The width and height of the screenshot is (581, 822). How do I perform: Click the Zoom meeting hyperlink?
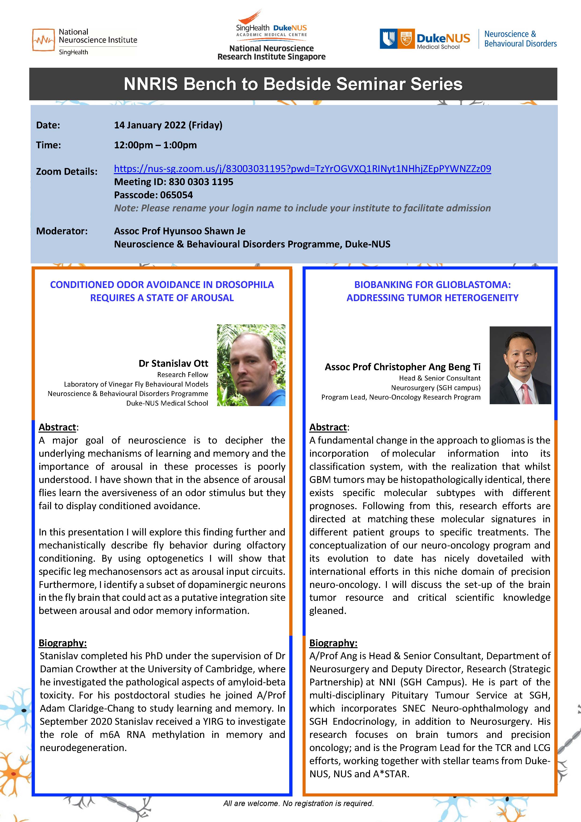pos(302,169)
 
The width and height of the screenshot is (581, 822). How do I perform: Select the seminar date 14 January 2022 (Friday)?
pos(168,125)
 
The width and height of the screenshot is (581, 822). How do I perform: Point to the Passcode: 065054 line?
pos(153,195)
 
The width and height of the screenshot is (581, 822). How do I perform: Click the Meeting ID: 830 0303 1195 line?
pos(174,182)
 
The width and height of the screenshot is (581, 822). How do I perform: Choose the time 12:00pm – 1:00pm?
pos(155,145)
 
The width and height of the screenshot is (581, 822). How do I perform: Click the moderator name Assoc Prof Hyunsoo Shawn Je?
pos(180,231)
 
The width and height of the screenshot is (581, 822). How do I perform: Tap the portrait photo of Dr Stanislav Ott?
pos(251,365)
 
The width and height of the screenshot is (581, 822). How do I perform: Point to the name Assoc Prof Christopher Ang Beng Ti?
pos(403,367)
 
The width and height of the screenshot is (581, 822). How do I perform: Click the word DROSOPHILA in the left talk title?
pos(245,285)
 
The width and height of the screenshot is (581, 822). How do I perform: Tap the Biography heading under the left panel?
pos(63,643)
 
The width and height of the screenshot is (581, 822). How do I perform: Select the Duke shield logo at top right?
pos(388,39)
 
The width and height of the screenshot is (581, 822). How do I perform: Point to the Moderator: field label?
pos(62,231)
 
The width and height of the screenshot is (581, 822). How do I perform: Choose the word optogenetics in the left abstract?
pos(175,558)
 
